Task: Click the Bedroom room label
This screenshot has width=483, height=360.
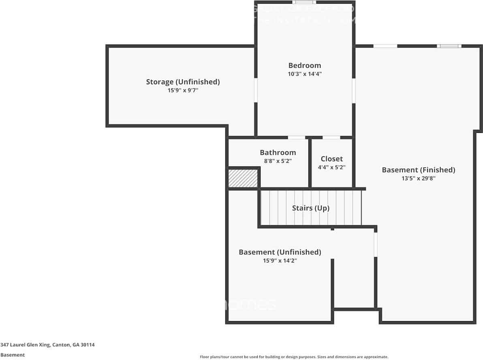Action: (x=304, y=65)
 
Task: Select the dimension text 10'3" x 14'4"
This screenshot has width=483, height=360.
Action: (x=304, y=74)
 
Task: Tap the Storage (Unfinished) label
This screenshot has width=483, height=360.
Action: (x=183, y=82)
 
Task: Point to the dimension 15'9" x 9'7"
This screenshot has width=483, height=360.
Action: (x=183, y=91)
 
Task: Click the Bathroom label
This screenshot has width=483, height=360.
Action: (x=278, y=153)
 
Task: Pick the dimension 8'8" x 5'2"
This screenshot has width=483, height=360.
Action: (x=278, y=161)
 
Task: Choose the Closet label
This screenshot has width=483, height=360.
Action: (x=331, y=159)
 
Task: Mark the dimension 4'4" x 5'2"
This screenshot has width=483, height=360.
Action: (x=331, y=167)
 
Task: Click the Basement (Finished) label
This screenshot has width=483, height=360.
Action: (x=418, y=170)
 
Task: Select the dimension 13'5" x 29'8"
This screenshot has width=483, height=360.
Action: (x=418, y=178)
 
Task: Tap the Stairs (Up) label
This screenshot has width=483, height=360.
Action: (x=310, y=208)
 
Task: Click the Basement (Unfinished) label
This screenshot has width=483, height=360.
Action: (x=280, y=252)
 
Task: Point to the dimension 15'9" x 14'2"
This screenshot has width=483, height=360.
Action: (x=280, y=261)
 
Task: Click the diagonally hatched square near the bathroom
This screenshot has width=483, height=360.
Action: (x=243, y=179)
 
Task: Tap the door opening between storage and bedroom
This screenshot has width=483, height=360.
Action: (x=256, y=90)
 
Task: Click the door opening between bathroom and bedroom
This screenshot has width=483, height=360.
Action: (x=296, y=138)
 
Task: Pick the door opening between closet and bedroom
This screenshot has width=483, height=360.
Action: (x=331, y=138)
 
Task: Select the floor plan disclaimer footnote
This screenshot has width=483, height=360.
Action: (x=294, y=357)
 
